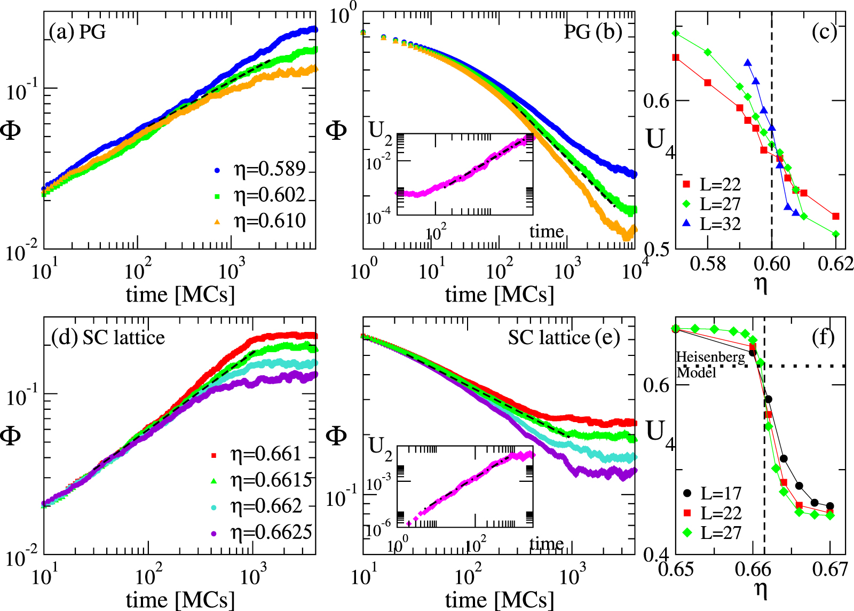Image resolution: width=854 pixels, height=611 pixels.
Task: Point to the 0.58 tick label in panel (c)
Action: [708, 264]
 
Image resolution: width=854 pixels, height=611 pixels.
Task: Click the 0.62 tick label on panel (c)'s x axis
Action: [836, 264]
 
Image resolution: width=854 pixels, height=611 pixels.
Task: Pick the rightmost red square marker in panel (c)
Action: [836, 216]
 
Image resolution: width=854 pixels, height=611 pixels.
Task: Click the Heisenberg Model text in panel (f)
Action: [710, 364]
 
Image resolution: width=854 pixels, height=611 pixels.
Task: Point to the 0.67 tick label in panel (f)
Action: [831, 569]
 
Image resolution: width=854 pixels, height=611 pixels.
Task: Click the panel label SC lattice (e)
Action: [564, 337]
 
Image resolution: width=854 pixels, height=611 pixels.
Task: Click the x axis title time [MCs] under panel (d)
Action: [180, 600]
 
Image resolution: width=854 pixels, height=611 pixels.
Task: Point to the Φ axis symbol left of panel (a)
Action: [10, 130]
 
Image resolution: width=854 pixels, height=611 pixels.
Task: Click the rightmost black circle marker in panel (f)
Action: [830, 506]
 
